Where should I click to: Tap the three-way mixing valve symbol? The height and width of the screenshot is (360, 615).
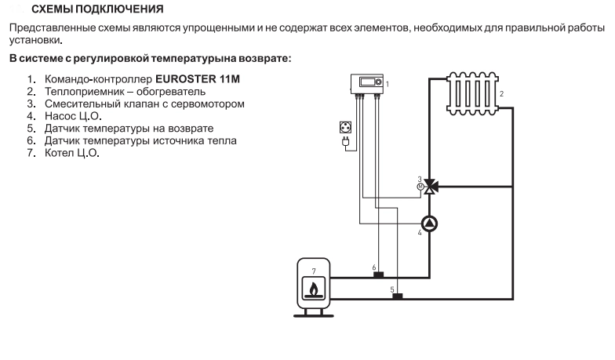[429, 187]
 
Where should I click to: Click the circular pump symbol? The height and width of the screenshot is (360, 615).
[429, 224]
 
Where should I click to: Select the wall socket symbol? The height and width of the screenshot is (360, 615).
[344, 128]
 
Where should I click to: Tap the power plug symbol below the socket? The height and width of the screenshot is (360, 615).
[344, 143]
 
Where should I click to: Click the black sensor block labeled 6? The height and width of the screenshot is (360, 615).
[377, 275]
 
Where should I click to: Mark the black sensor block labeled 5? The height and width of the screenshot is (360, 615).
[397, 296]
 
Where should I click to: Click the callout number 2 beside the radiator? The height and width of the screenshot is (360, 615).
[501, 94]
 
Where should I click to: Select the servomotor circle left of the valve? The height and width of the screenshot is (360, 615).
[420, 187]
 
